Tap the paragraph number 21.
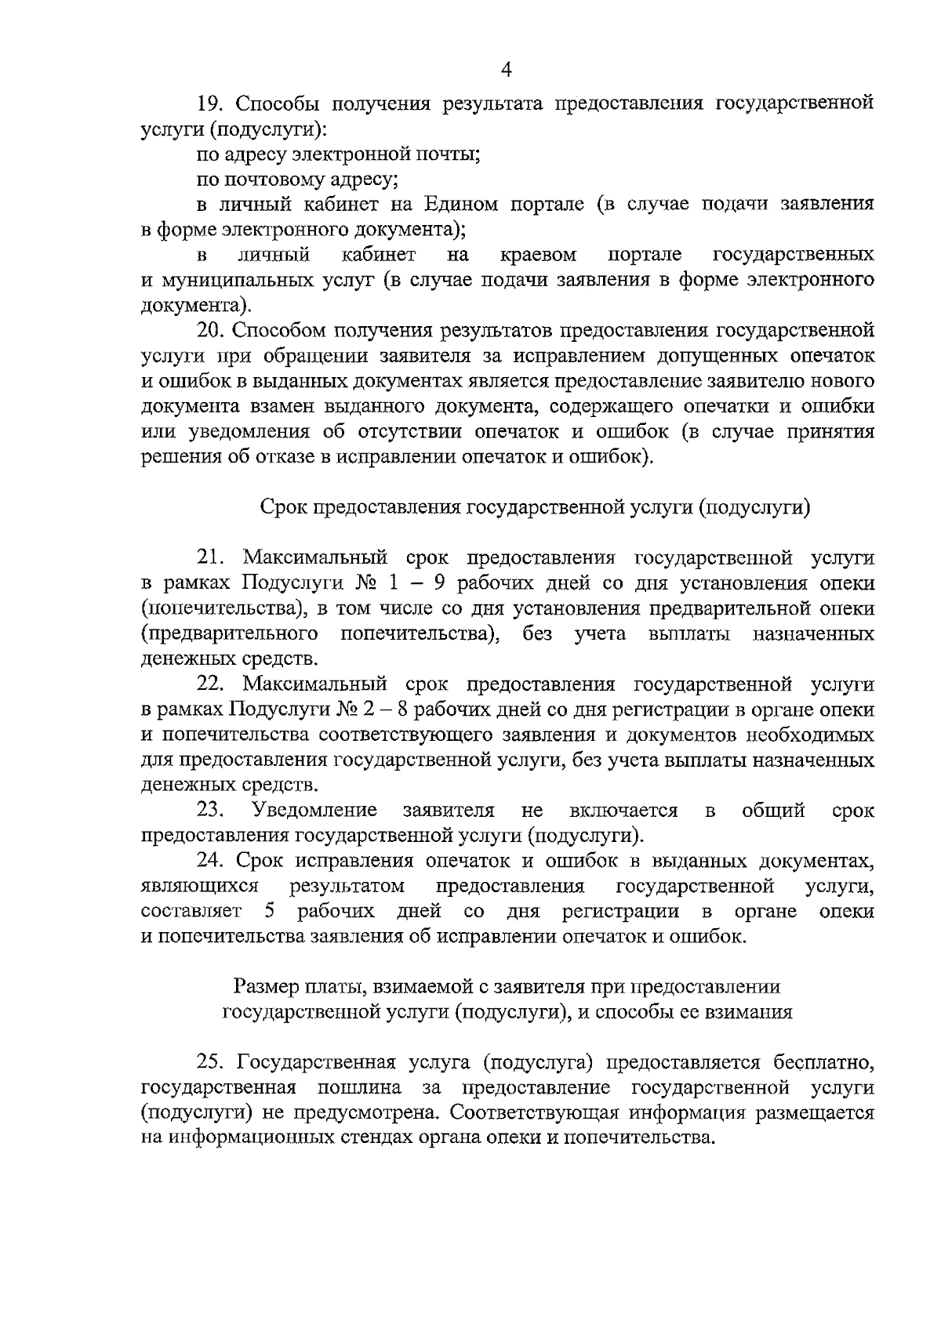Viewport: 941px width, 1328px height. pos(211,557)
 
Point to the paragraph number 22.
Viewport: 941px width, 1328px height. pos(211,684)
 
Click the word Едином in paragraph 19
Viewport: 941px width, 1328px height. pos(462,205)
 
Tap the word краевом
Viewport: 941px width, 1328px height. pos(538,255)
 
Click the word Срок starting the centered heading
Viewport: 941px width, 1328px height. pos(283,507)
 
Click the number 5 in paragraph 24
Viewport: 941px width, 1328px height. pos(271,911)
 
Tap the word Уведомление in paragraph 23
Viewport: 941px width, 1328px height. pos(314,810)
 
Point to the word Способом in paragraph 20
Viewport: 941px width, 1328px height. pos(279,330)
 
